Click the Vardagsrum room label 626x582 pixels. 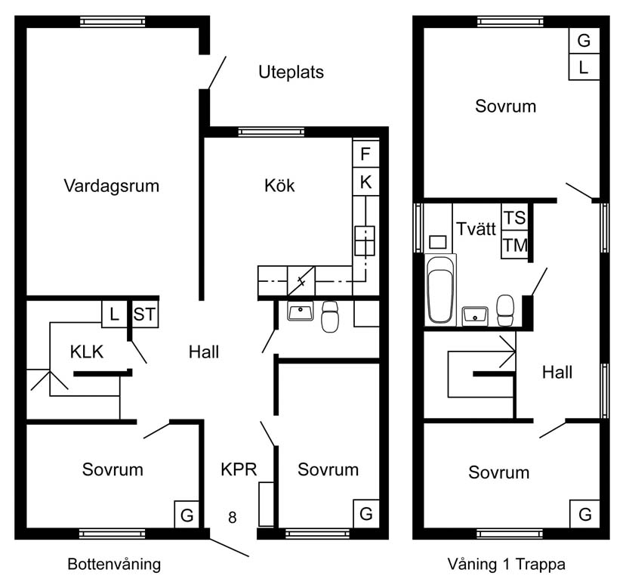[112, 185]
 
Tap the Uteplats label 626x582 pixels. [291, 73]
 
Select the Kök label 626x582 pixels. [279, 185]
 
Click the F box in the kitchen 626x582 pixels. [365, 155]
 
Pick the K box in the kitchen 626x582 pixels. [365, 182]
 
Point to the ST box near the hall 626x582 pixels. [144, 314]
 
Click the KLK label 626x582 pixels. [86, 351]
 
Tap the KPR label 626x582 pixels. [239, 469]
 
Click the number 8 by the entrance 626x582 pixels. [233, 518]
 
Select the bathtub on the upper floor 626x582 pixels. [440, 289]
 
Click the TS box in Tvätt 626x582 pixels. [514, 218]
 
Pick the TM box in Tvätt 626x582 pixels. [514, 245]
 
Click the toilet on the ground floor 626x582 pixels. [330, 317]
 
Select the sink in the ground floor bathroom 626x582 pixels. [301, 311]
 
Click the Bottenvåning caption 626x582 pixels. [114, 564]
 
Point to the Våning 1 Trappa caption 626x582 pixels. [507, 564]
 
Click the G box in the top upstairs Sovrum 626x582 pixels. [584, 41]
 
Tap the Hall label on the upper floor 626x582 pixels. [557, 372]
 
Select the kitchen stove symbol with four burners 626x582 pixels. [365, 240]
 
